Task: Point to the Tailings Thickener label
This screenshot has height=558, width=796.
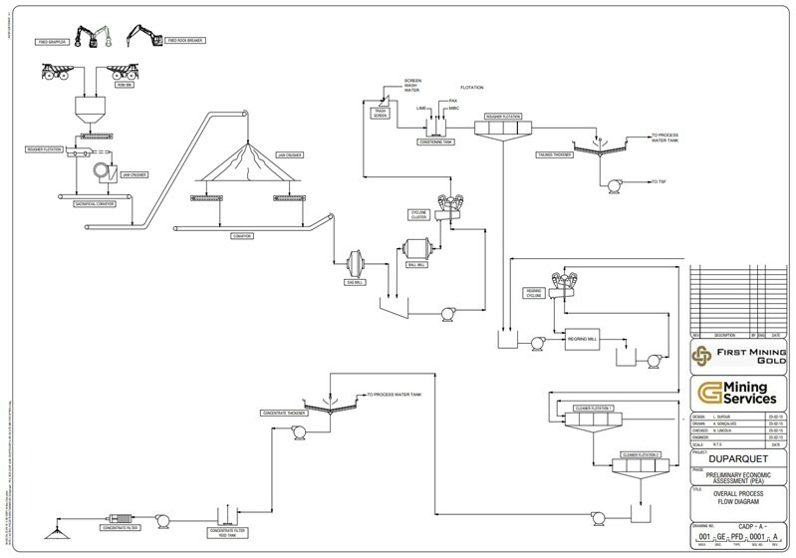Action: click(x=557, y=155)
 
